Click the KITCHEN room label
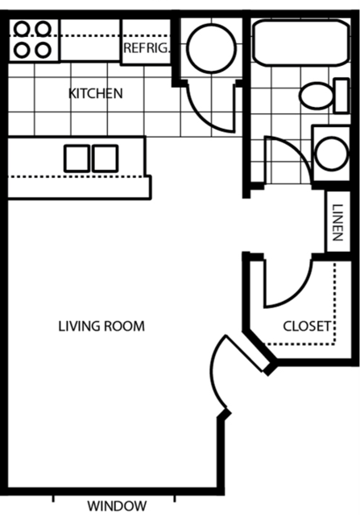click(96, 93)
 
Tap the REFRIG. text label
click(146, 48)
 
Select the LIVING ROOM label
click(101, 326)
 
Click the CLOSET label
click(307, 326)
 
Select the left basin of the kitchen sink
click(78, 157)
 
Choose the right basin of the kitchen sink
click(106, 157)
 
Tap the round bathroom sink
click(331, 151)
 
